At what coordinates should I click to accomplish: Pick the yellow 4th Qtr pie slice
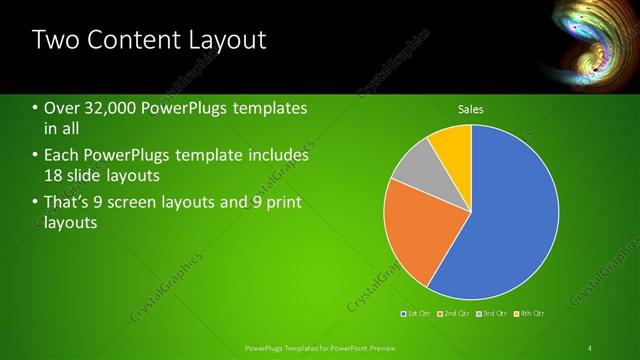(x=452, y=147)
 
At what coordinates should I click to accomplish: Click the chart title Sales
(x=471, y=108)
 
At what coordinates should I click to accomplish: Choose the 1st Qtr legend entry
(x=416, y=314)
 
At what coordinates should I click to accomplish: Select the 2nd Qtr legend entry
(x=455, y=314)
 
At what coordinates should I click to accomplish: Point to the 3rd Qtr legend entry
(x=493, y=314)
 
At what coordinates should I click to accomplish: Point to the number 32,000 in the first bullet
(x=111, y=108)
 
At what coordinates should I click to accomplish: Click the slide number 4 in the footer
(x=590, y=347)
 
